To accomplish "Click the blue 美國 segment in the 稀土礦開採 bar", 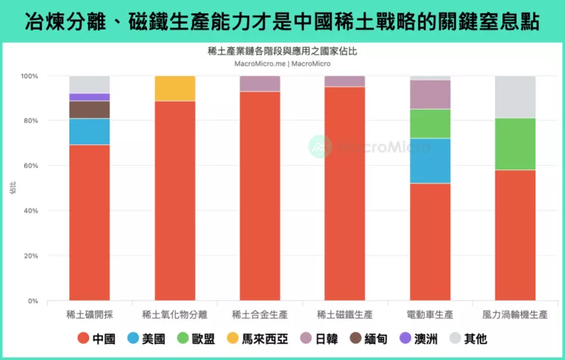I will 89,132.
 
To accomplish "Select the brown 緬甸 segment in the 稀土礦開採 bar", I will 89,110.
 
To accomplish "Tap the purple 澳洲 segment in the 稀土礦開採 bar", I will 89,97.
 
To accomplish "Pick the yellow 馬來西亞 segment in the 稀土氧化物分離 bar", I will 174,88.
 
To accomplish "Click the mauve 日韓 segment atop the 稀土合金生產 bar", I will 260,83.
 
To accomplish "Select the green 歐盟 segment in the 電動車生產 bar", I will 430,124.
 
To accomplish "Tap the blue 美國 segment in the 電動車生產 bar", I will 430,160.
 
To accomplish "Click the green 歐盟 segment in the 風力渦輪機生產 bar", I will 514,144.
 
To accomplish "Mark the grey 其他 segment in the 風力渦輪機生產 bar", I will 514,97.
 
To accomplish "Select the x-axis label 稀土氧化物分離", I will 174,314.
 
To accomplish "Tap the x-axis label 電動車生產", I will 430,314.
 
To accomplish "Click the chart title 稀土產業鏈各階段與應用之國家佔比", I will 282,52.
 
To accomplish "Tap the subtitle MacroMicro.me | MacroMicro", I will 282,63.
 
